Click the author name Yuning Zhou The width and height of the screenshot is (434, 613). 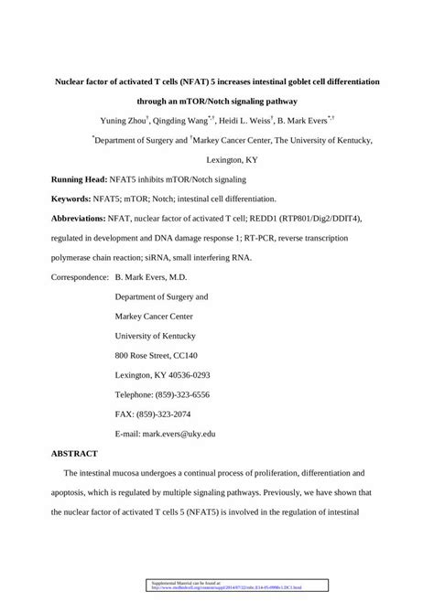click(x=126, y=120)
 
